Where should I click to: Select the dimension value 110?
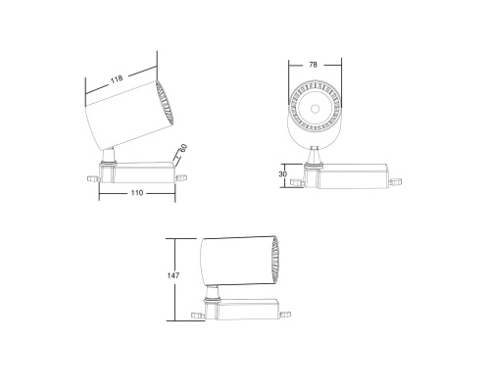click(137, 194)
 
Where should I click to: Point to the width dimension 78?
click(313, 65)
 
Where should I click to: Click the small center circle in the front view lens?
click(314, 105)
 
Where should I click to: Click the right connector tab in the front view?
click(395, 181)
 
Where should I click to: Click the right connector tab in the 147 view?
click(284, 315)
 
